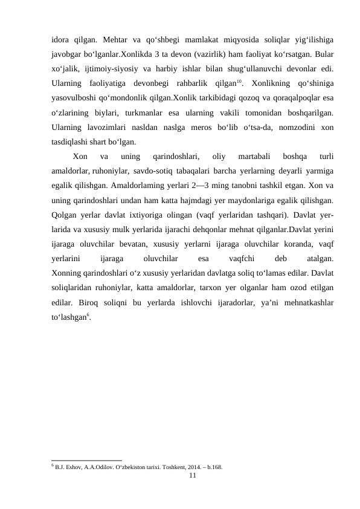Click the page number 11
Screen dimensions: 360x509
[192, 476]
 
